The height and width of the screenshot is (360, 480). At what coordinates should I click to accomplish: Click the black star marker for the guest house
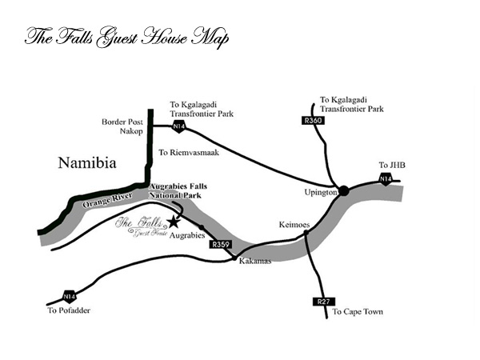point(174,221)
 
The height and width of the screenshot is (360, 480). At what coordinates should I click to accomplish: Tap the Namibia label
point(88,163)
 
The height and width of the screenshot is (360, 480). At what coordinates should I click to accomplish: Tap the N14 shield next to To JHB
point(386,178)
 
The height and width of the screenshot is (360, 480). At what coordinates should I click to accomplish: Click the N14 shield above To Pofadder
point(70,295)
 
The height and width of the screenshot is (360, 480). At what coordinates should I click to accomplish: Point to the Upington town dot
point(344,190)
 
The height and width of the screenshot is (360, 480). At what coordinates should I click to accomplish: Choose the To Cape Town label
point(358,312)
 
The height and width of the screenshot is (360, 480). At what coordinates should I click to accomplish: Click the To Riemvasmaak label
point(190,150)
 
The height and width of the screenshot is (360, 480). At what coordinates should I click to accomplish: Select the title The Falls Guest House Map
point(126,38)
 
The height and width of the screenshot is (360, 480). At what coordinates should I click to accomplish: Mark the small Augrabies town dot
point(201,227)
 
